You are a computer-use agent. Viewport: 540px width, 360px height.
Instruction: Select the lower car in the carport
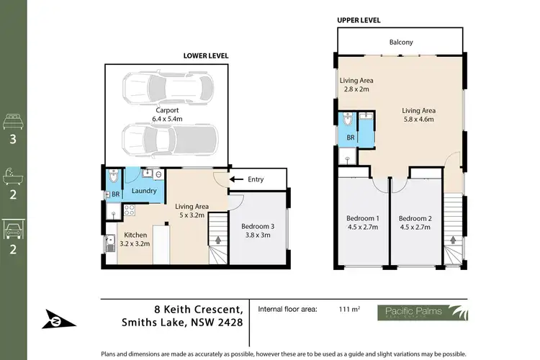[x=168, y=139]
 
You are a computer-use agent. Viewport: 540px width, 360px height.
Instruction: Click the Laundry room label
[x=145, y=192]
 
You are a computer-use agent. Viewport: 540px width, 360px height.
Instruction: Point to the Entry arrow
[x=235, y=179]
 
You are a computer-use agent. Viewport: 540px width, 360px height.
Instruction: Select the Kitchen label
[x=136, y=235]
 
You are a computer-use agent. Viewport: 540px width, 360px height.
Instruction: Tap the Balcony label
[x=401, y=42]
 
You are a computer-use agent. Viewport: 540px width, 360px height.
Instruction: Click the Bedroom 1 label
[x=362, y=218]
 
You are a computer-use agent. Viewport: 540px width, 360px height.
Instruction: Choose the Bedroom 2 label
[x=415, y=218]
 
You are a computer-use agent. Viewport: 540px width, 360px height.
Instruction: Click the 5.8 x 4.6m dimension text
[x=418, y=120]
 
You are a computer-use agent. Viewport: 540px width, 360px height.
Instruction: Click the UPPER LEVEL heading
[x=358, y=20]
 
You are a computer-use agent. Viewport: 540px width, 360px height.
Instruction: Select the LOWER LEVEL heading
[x=206, y=55]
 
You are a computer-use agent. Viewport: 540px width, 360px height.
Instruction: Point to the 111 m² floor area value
[x=348, y=310]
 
